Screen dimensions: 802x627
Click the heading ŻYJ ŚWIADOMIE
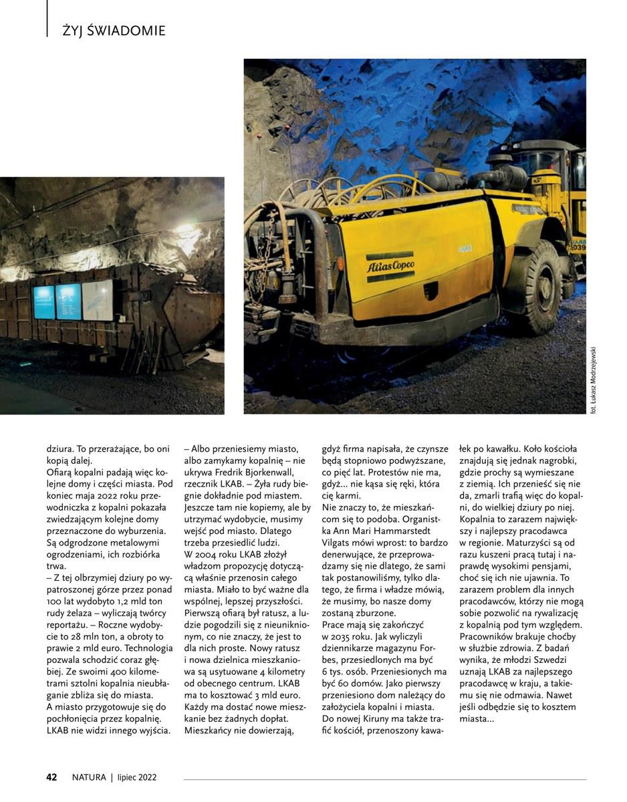pos(114,31)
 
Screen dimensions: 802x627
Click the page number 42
pos(51,777)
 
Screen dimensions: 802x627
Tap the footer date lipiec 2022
pos(136,777)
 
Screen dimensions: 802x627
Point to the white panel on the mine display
pos(98,300)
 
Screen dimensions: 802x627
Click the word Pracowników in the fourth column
pos(489,636)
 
